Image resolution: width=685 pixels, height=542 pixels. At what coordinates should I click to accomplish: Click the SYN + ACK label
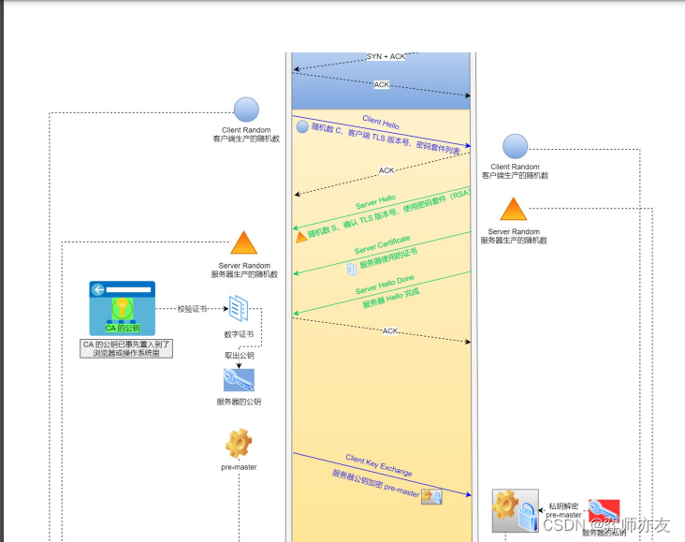pos(386,56)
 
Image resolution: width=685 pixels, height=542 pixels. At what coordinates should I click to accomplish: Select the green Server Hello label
pos(375,203)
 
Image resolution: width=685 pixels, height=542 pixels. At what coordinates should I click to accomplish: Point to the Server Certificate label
pos(382,245)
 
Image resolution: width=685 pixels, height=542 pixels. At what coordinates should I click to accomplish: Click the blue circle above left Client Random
pos(246,110)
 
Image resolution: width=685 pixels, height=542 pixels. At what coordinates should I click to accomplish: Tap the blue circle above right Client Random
pos(516,147)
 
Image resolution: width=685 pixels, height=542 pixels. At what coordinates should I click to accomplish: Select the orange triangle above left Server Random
pos(244,243)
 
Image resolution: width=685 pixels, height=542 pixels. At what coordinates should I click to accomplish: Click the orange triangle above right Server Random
pos(514,210)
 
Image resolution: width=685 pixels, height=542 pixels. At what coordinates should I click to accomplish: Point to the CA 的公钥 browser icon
pos(123,308)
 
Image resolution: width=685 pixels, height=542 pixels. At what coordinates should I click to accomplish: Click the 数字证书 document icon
pos(239,308)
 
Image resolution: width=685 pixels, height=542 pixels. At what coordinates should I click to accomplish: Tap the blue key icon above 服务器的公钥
pos(239,379)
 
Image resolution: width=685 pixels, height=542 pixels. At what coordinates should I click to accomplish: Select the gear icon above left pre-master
pos(239,442)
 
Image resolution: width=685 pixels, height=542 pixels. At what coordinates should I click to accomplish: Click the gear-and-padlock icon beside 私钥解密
pos(516,511)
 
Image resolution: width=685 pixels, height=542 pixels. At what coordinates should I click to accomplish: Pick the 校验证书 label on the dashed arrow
pos(193,308)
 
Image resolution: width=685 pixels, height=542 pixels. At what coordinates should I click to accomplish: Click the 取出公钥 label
pos(239,356)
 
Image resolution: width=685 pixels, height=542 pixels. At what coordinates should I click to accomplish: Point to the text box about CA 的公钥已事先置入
pos(127,348)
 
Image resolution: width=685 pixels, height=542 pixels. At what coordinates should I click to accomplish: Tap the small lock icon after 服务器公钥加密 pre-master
pos(431,496)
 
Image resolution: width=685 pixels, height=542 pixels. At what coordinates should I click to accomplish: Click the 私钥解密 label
pos(564,505)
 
